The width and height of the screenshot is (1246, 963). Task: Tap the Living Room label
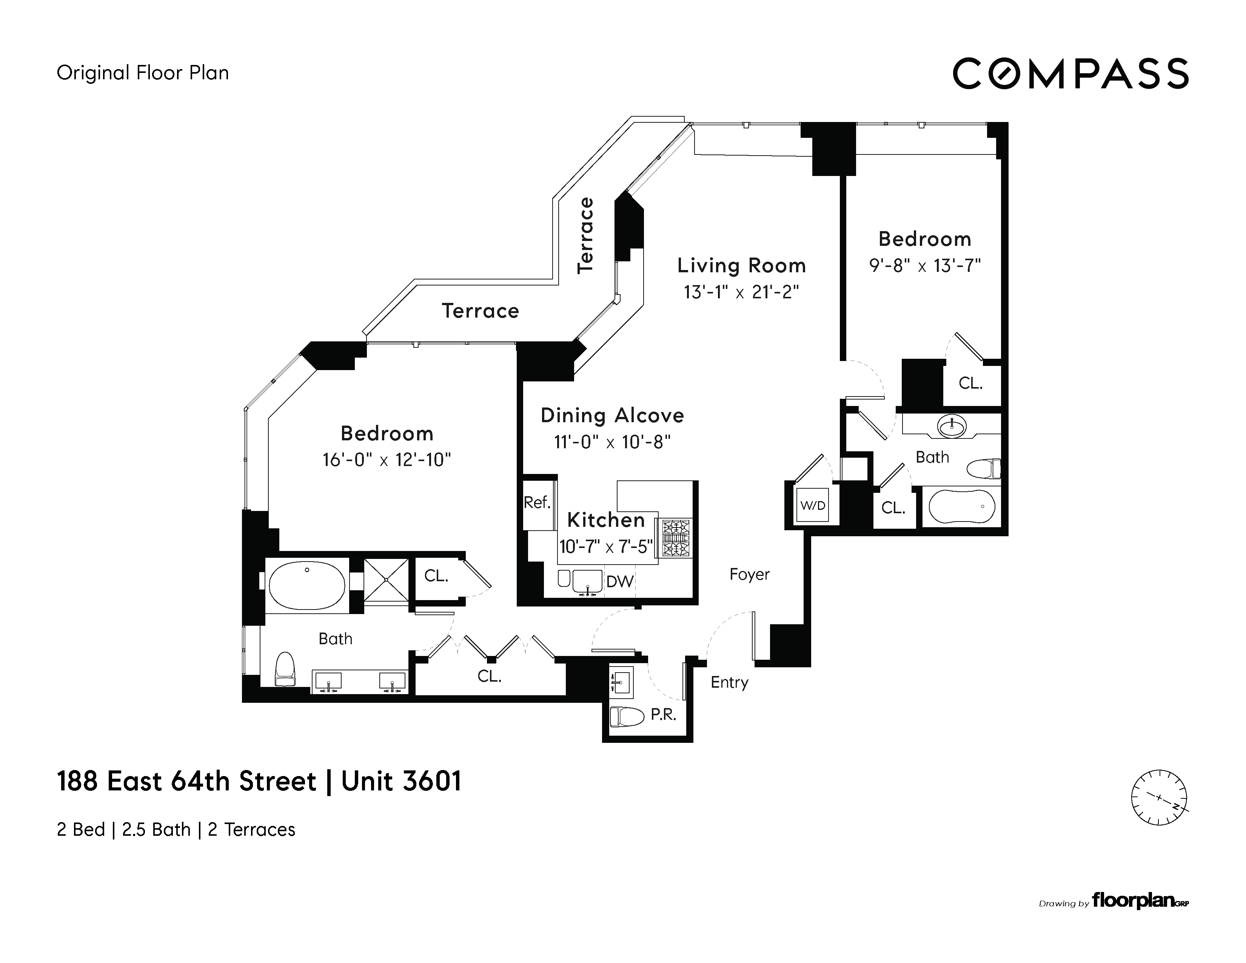click(x=741, y=265)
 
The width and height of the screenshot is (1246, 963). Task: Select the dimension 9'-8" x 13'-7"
click(x=924, y=266)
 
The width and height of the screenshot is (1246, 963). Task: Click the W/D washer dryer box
click(x=812, y=505)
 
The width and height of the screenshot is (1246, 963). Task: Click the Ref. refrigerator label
click(x=537, y=502)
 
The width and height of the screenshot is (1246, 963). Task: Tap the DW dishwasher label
click(x=619, y=582)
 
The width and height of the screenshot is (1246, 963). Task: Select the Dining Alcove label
click(x=612, y=415)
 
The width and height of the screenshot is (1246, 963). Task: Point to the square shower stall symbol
click(x=386, y=579)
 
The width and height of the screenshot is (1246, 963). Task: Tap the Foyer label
click(x=749, y=574)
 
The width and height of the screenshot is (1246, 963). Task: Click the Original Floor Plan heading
click(x=143, y=73)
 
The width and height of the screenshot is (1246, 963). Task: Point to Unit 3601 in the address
click(x=401, y=781)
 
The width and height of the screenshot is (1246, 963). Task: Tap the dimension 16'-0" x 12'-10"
click(x=387, y=460)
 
